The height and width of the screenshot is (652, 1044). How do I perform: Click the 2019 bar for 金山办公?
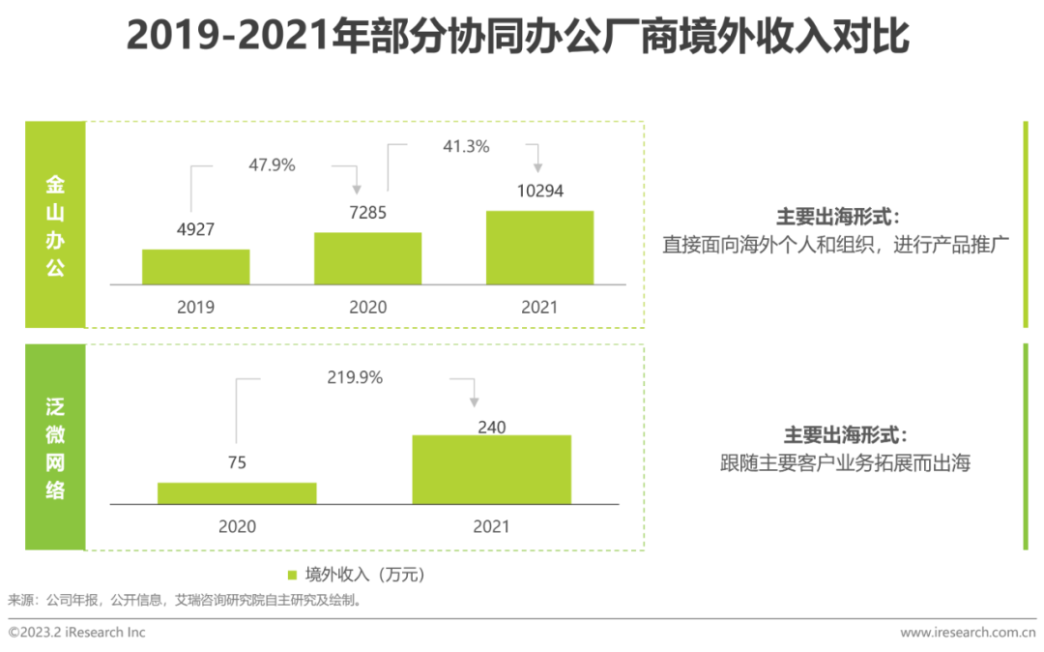tap(195, 266)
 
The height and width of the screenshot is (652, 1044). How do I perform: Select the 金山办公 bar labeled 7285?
tap(367, 258)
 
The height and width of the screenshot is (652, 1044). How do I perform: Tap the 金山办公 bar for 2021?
tap(539, 247)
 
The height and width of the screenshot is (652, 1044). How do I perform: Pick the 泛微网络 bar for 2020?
tap(237, 492)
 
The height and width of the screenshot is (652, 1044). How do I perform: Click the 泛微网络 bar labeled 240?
tap(491, 469)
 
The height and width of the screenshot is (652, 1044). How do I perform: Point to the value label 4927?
tap(195, 229)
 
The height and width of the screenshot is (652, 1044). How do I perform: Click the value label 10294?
tap(539, 191)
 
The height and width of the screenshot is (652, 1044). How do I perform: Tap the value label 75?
tap(237, 462)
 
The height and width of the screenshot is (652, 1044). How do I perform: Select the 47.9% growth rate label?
tap(272, 164)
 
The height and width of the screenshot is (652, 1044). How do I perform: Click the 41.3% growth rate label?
tap(467, 147)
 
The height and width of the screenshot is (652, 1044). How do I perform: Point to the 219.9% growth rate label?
tap(354, 377)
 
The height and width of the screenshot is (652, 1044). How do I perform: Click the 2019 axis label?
tap(195, 307)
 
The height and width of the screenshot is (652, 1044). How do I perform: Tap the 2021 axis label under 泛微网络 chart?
tap(491, 527)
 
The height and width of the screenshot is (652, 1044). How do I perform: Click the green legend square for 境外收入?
tap(293, 574)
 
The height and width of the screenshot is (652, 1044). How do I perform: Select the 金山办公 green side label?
tap(55, 224)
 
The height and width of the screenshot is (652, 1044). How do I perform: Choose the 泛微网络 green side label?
tap(55, 447)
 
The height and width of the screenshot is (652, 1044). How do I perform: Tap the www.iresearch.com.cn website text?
tap(968, 633)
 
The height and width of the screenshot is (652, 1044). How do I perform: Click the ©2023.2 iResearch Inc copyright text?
tap(76, 632)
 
